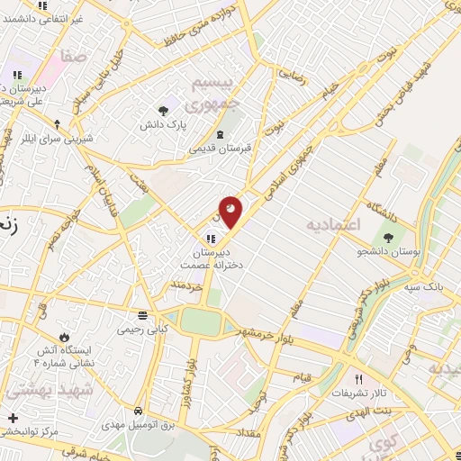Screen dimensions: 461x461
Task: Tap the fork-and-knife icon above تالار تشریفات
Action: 358,379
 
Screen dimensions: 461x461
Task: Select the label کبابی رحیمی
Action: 143,330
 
